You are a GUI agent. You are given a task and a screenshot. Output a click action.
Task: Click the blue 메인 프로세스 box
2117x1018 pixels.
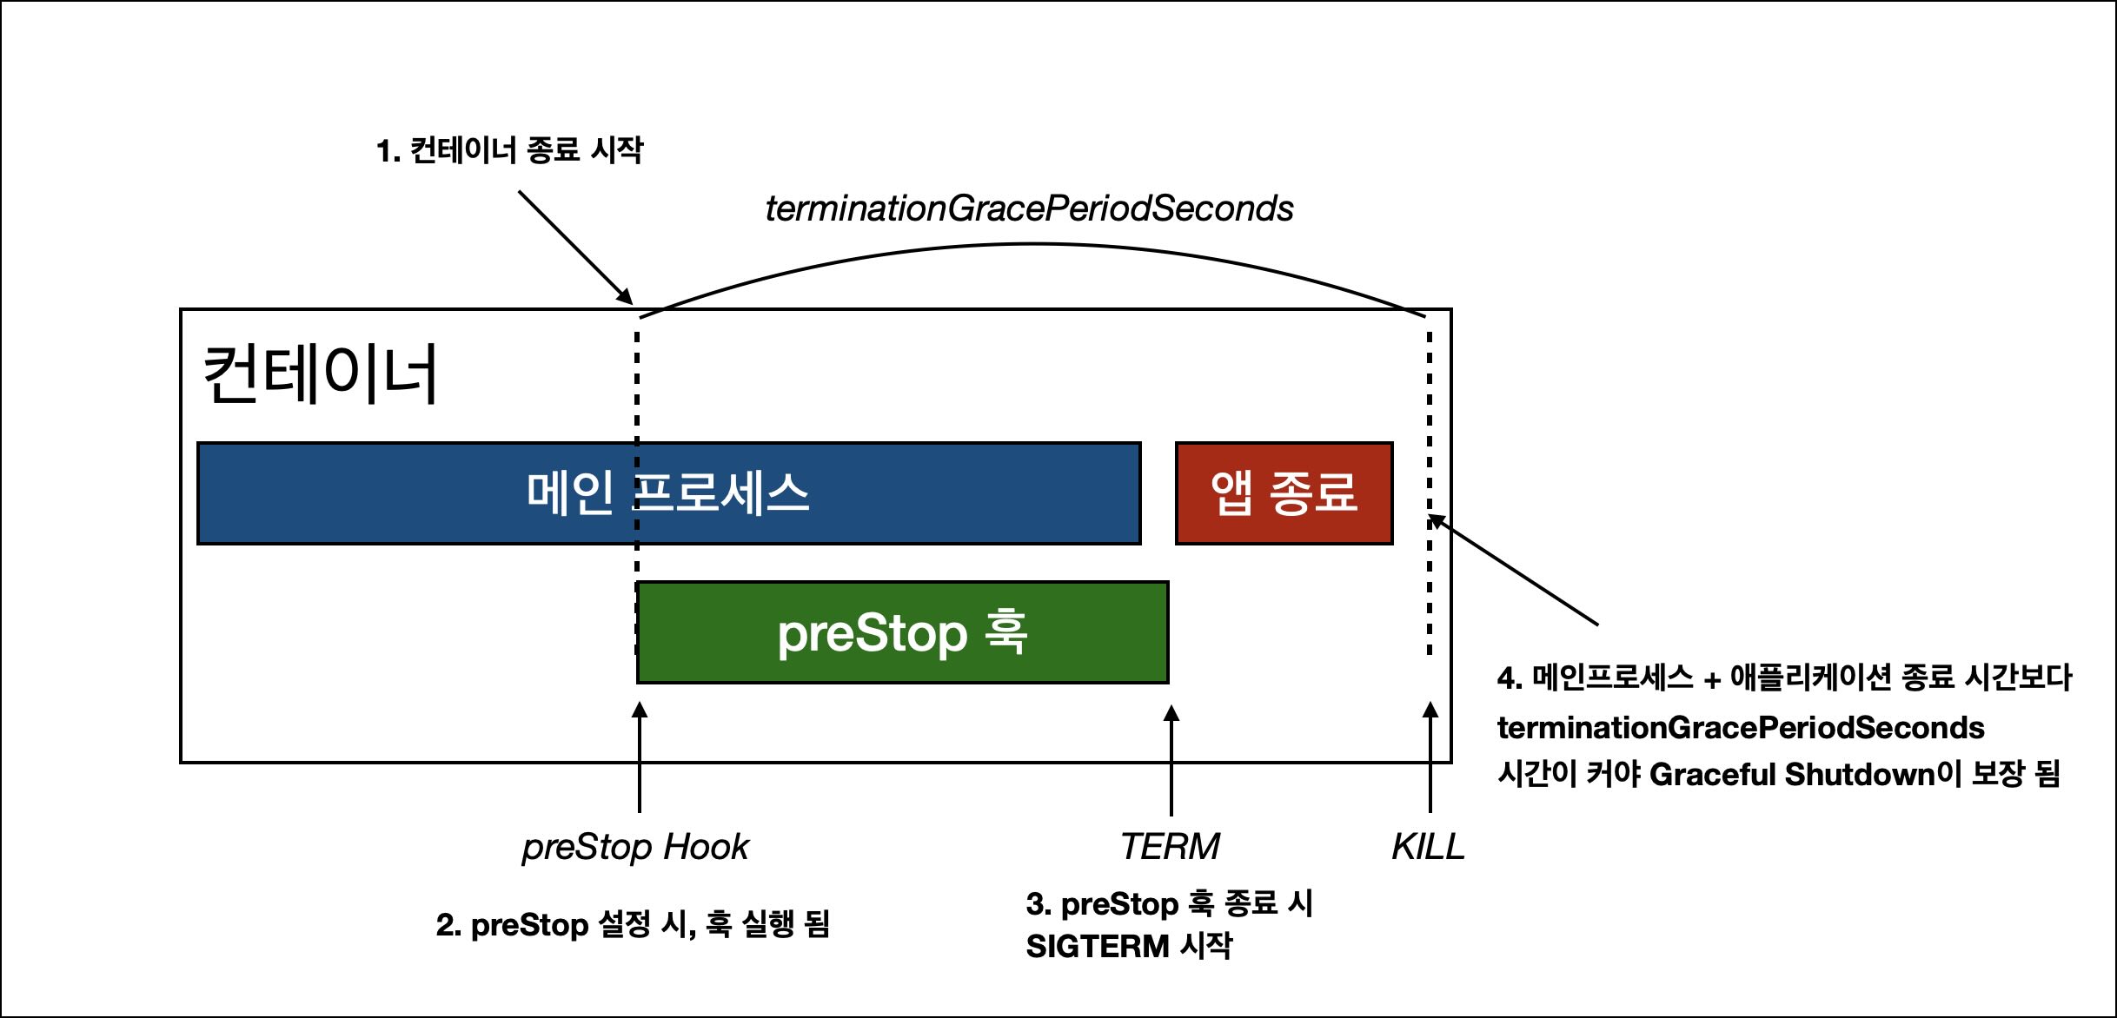(x=668, y=493)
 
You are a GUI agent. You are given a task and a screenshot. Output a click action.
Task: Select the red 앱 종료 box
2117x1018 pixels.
(x=1284, y=493)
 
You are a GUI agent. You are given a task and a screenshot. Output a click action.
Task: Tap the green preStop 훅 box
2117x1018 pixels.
(x=902, y=632)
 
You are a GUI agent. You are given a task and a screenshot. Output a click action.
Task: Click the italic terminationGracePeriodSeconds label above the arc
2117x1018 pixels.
(x=1029, y=208)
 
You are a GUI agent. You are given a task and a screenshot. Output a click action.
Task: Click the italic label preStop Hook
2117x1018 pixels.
(x=635, y=847)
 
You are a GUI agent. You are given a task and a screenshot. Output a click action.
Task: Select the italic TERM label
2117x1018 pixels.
(x=1170, y=846)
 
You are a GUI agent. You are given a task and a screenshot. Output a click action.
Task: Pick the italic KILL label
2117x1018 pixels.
(x=1428, y=846)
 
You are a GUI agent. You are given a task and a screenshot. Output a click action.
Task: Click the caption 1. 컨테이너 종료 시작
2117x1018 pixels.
(x=509, y=150)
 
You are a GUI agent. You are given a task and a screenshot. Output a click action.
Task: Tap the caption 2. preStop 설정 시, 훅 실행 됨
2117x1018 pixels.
(x=633, y=924)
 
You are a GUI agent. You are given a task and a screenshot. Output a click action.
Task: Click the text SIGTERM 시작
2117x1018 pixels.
(x=1129, y=946)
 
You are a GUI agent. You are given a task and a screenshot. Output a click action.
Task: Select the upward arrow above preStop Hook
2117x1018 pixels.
(x=640, y=757)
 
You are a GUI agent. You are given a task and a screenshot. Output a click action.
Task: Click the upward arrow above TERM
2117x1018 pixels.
(x=1171, y=759)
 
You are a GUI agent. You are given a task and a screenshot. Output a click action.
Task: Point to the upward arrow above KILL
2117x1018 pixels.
(x=1430, y=757)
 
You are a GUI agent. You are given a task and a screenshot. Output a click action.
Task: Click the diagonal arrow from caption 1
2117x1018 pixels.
(x=575, y=248)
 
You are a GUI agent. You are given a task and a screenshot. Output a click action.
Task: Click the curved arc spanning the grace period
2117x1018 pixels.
(x=1032, y=244)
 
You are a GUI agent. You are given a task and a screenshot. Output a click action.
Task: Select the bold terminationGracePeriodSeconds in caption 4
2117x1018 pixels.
(x=1741, y=727)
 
